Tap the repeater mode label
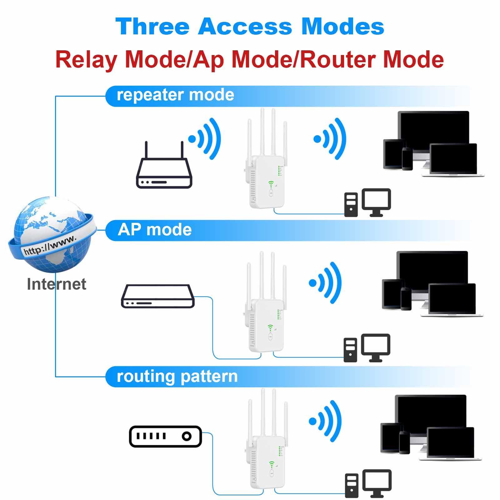pos(175,95)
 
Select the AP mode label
pos(155,230)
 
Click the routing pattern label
pos(177,376)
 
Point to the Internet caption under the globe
pos(56,284)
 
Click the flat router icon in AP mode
pos(158,296)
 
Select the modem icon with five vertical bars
pos(165,436)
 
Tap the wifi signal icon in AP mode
pos(325,282)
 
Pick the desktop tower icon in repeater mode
pos(351,205)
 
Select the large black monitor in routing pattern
pos(431,412)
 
